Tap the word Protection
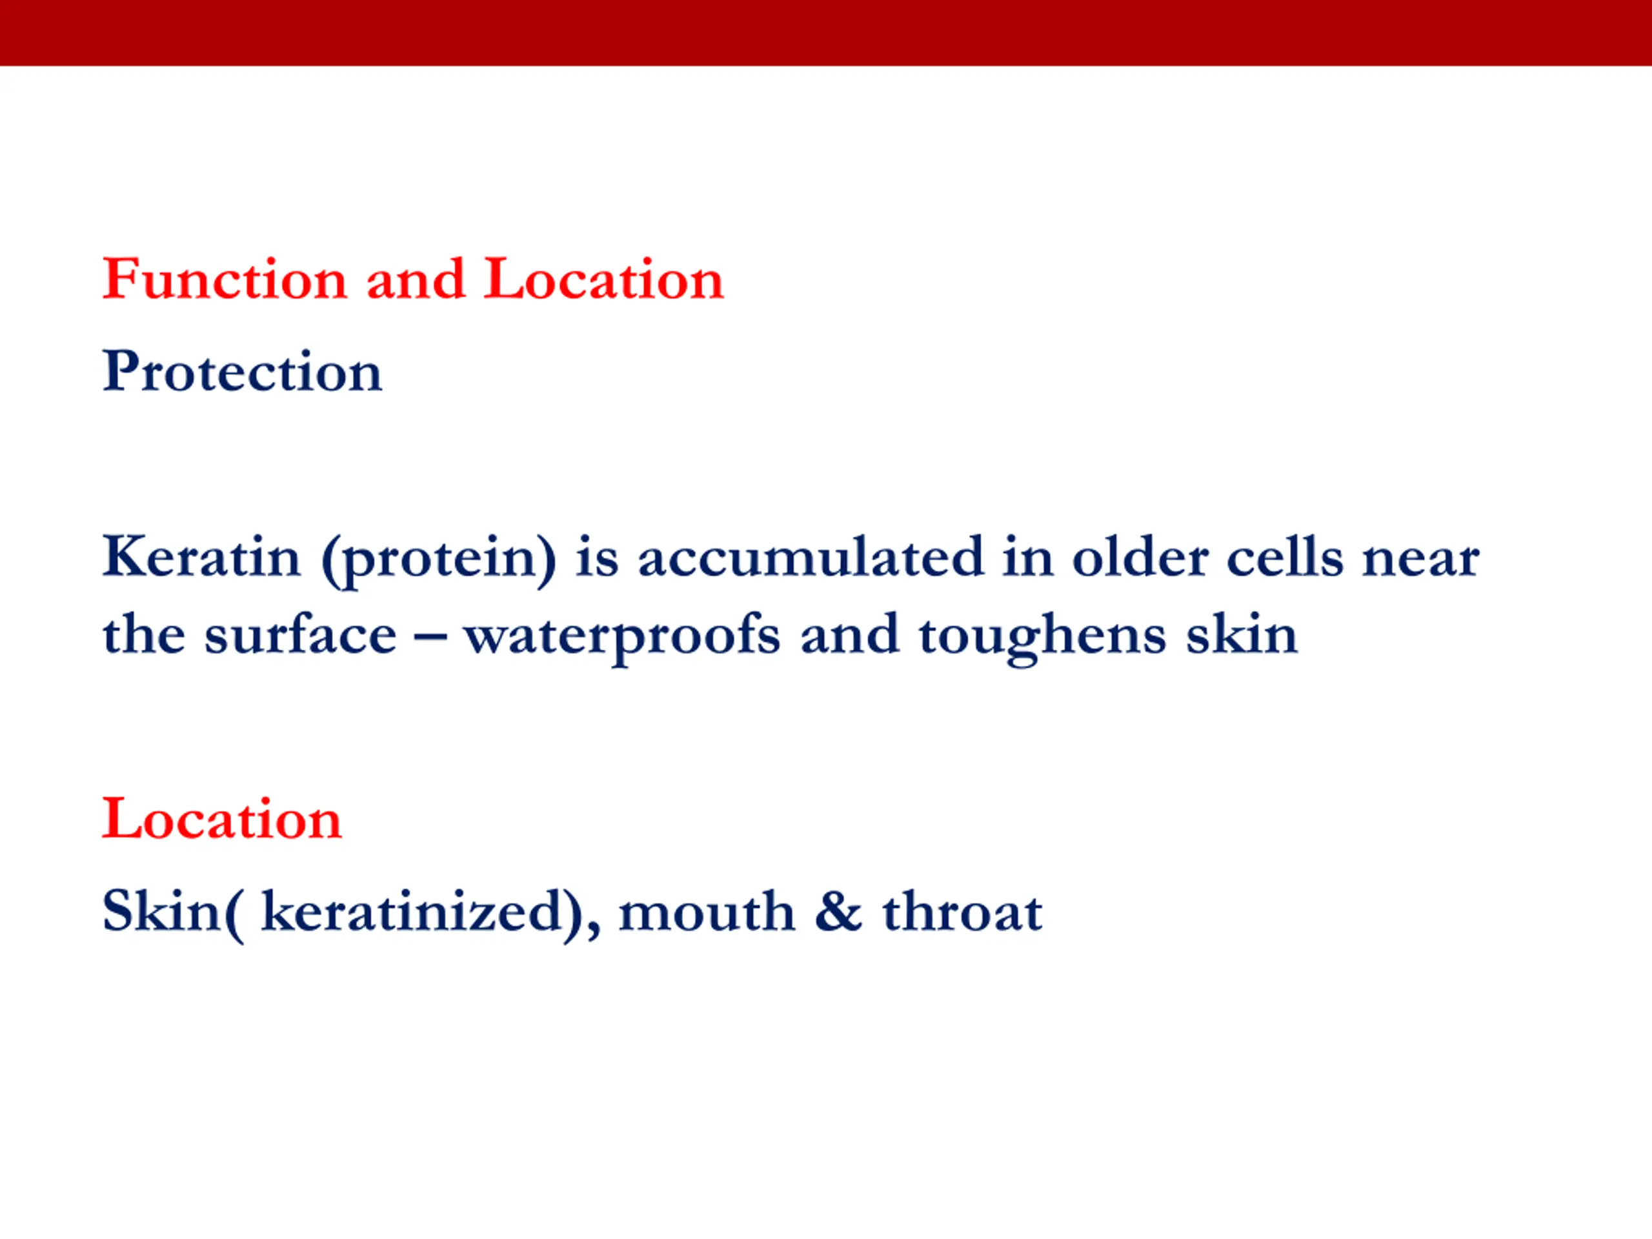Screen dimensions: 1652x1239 [x=243, y=371]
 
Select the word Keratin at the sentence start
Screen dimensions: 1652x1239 [x=201, y=556]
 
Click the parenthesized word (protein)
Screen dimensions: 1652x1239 [x=438, y=560]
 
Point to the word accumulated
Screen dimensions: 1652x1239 [x=811, y=556]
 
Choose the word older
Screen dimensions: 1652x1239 [x=1140, y=556]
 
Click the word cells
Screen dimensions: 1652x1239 [x=1285, y=556]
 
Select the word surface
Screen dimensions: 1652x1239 [x=300, y=634]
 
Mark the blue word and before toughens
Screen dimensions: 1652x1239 [x=850, y=634]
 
